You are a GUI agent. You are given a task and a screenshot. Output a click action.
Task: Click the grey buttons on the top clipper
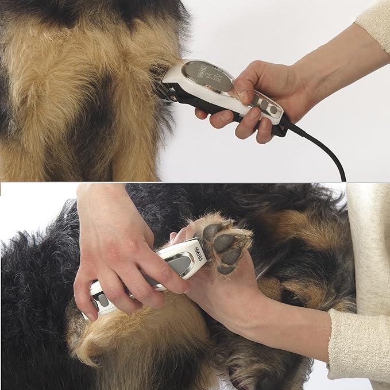pos(267,107)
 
